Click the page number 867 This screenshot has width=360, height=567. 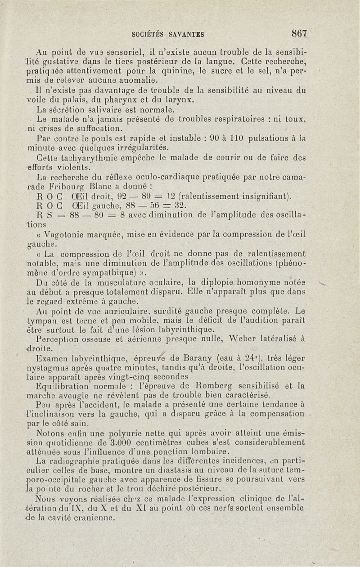pos(299,33)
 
